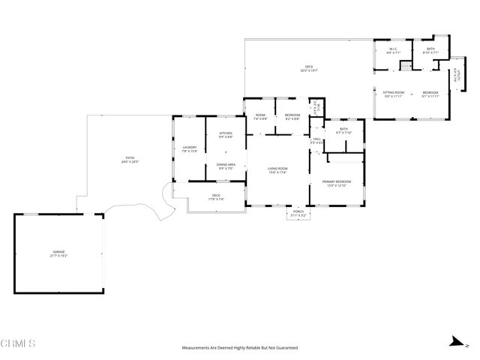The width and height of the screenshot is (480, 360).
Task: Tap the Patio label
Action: (130, 158)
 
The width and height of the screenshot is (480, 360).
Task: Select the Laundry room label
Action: (190, 147)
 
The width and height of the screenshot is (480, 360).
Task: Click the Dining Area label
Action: (226, 165)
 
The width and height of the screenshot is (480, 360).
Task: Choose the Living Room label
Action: (277, 169)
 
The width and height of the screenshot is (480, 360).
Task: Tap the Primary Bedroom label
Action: (337, 181)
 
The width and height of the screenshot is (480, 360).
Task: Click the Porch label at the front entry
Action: (298, 211)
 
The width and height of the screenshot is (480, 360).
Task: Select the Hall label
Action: (317, 139)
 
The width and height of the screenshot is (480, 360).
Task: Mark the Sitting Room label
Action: (394, 92)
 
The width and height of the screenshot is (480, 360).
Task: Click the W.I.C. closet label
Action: (392, 49)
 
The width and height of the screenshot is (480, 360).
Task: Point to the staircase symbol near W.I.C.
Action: (405, 66)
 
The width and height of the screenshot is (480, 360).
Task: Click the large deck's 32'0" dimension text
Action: (308, 70)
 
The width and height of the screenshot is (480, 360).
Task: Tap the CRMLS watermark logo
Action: (19, 343)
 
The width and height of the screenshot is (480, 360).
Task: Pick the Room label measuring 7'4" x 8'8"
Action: (260, 115)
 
